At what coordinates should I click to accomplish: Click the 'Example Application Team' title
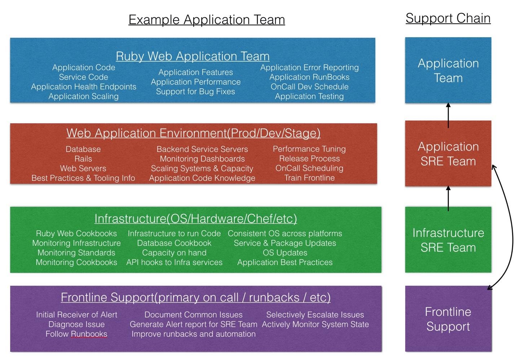pos(207,19)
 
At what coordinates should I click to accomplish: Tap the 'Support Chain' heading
pos(448,18)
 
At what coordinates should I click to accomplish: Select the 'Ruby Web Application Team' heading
pos(193,56)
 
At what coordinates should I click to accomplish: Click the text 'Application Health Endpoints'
pos(84,87)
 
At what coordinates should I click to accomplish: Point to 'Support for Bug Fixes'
pos(195,91)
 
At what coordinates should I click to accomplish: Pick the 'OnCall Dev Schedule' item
pos(309,86)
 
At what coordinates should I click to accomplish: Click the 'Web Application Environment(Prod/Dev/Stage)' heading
pos(194,133)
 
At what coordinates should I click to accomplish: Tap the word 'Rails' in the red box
pos(83,159)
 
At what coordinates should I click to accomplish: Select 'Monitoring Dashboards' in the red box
pos(202,159)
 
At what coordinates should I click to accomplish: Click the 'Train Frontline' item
pos(309,178)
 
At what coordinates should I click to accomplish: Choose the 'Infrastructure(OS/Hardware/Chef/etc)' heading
pos(195,219)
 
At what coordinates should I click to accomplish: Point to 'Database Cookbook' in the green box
pos(174,243)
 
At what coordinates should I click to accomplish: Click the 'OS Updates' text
pos(285,253)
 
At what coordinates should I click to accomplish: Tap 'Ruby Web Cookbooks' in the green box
pos(76,233)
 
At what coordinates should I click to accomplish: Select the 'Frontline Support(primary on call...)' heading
pos(195,297)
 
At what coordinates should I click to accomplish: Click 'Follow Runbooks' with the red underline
pos(76,334)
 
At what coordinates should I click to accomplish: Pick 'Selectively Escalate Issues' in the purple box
pos(315,314)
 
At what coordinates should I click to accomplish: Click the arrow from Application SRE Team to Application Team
pos(448,115)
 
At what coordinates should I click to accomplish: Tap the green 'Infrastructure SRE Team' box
pos(448,240)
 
